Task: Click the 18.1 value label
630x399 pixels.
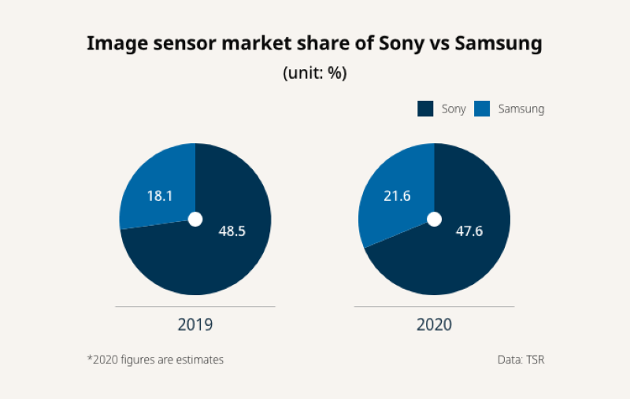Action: [160, 195]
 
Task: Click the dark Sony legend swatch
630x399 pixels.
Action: [425, 109]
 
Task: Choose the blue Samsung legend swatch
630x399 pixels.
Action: [482, 109]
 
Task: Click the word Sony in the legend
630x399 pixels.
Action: [454, 109]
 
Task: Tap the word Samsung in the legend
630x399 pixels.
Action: [521, 109]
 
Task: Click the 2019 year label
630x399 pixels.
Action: [195, 324]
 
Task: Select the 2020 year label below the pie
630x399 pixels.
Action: [434, 324]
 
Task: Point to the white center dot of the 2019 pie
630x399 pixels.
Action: [195, 219]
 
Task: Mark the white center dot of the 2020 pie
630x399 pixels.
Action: [434, 219]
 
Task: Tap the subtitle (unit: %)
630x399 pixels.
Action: [315, 72]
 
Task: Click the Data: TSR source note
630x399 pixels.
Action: [521, 360]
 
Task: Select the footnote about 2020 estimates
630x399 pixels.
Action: [155, 360]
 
